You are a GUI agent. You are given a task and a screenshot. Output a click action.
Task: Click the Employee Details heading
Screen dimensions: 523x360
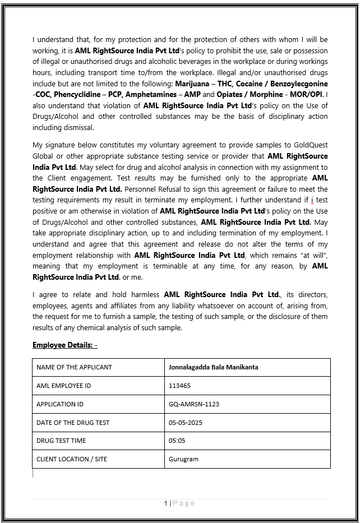click(x=65, y=345)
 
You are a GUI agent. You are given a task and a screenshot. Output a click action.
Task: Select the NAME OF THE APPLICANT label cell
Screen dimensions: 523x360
click(x=74, y=367)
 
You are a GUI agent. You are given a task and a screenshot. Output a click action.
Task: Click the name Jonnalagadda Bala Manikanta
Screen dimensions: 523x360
click(x=213, y=367)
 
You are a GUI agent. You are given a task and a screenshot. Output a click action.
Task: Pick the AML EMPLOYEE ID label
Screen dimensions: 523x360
click(x=63, y=386)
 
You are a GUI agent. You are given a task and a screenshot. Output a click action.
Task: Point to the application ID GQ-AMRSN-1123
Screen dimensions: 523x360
click(x=194, y=404)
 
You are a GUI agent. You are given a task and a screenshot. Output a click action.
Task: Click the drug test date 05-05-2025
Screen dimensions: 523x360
click(x=186, y=423)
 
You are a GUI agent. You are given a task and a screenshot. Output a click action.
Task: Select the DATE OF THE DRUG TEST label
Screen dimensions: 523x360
click(x=73, y=423)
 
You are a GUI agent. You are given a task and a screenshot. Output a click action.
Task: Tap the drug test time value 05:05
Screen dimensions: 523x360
click(x=177, y=441)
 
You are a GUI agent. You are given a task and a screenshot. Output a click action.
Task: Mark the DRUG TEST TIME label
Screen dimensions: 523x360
click(x=61, y=441)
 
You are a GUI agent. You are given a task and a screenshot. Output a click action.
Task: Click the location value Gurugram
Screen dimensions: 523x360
click(x=183, y=459)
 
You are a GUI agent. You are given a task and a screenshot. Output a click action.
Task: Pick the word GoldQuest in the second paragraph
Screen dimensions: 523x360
click(x=307, y=145)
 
